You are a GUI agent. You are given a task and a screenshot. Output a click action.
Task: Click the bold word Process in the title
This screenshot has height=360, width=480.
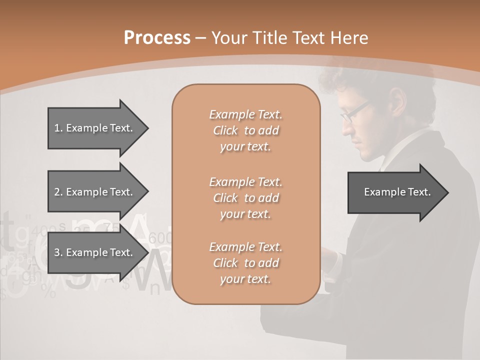(x=157, y=38)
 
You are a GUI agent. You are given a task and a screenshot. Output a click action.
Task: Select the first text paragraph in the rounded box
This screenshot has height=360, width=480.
(x=245, y=130)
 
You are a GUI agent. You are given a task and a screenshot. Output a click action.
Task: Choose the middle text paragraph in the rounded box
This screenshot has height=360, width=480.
(x=245, y=197)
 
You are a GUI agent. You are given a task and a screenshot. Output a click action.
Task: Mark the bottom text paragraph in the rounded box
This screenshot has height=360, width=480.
(x=245, y=262)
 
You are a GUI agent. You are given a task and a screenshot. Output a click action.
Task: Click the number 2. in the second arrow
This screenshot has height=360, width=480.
(x=58, y=192)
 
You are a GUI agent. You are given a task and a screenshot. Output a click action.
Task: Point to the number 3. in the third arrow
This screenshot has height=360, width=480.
(x=58, y=252)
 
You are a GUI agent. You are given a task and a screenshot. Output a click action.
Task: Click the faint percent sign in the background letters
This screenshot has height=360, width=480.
(x=48, y=291)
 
